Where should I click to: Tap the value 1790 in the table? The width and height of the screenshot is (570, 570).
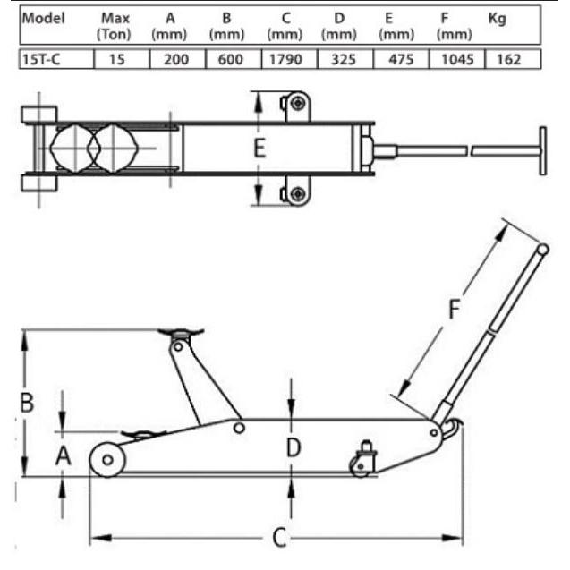285,59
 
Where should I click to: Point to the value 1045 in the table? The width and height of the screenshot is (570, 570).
455,59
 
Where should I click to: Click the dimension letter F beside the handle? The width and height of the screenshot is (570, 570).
454,310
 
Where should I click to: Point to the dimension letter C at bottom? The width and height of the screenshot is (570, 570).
278,538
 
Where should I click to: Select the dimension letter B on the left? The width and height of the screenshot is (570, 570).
27,403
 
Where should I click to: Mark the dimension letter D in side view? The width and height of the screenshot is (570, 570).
293,446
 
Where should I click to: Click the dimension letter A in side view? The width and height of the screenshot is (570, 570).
63,457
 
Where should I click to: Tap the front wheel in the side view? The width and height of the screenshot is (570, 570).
107,460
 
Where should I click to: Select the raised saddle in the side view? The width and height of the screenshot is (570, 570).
182,334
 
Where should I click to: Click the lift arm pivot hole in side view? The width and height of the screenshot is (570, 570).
238,429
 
